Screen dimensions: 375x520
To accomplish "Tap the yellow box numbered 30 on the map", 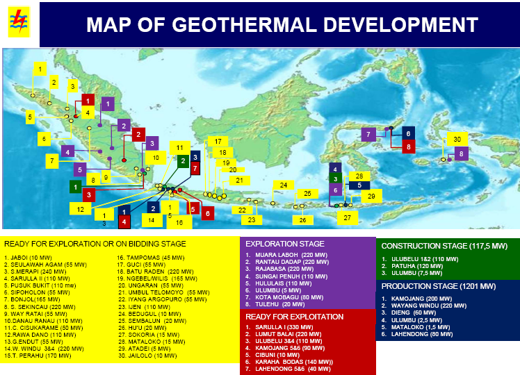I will coord(457,140).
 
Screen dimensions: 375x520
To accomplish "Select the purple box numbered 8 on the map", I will coord(460,153).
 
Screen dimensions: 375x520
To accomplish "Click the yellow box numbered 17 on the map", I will coord(217,141).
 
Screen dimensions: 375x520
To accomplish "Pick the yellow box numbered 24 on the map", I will coord(282,185).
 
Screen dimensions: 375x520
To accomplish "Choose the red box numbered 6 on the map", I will coord(206,214).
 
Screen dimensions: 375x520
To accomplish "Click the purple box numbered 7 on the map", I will coord(368,134).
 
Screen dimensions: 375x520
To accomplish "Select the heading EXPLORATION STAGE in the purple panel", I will coord(285,244).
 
